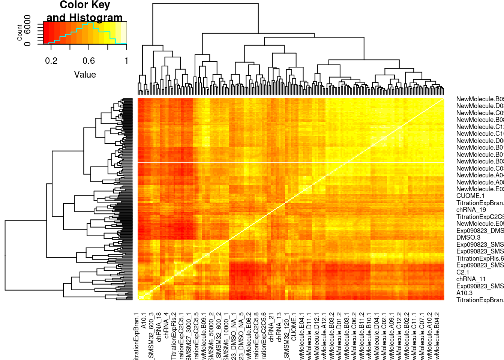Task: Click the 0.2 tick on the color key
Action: click(51, 61)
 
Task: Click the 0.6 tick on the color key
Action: click(88, 61)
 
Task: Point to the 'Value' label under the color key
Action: click(85, 75)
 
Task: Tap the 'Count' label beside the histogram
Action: click(19, 33)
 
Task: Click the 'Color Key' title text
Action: click(85, 5)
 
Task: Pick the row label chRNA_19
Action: click(471, 210)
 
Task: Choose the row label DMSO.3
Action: click(468, 237)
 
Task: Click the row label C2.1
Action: click(463, 272)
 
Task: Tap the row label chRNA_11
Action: click(471, 279)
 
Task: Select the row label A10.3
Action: click(464, 293)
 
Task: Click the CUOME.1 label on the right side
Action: click(470, 196)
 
